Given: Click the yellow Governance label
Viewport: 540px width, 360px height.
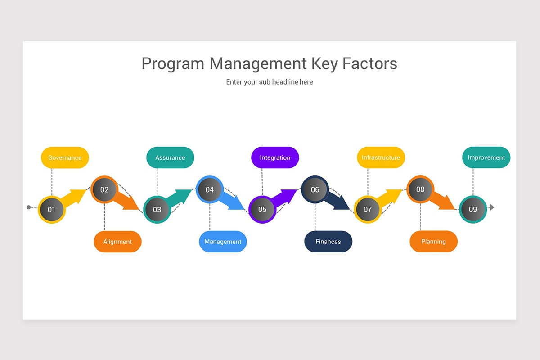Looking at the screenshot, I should [x=65, y=157].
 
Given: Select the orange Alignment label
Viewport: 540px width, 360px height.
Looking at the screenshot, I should [x=117, y=242].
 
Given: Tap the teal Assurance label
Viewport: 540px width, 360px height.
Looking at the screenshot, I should [x=170, y=157].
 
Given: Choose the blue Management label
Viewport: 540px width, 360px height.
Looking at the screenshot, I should [x=223, y=242].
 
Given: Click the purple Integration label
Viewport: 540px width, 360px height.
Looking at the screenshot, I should [x=275, y=157].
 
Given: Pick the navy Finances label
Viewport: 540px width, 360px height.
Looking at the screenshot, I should [x=328, y=242].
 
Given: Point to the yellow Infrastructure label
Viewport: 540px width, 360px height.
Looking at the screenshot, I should [x=381, y=157].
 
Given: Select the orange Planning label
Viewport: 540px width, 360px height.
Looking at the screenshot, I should [x=433, y=242].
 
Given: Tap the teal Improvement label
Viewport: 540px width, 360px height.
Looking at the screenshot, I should [x=486, y=157].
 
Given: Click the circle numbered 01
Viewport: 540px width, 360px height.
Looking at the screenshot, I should [x=52, y=209].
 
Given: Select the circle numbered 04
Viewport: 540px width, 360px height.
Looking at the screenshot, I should [x=210, y=189].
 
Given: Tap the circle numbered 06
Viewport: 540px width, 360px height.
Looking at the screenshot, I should [x=315, y=189].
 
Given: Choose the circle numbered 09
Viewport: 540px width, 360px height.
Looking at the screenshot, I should [x=473, y=209].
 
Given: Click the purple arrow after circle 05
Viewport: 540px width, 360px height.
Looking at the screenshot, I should [x=286, y=197].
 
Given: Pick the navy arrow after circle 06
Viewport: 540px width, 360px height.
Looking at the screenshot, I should [x=338, y=201].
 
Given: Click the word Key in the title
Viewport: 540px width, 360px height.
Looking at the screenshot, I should [x=324, y=63].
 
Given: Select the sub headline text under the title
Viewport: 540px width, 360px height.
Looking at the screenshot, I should [x=270, y=82].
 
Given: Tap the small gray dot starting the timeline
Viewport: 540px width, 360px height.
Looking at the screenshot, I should [x=29, y=207].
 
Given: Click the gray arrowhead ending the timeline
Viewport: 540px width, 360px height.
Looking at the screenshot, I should [x=492, y=207].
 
